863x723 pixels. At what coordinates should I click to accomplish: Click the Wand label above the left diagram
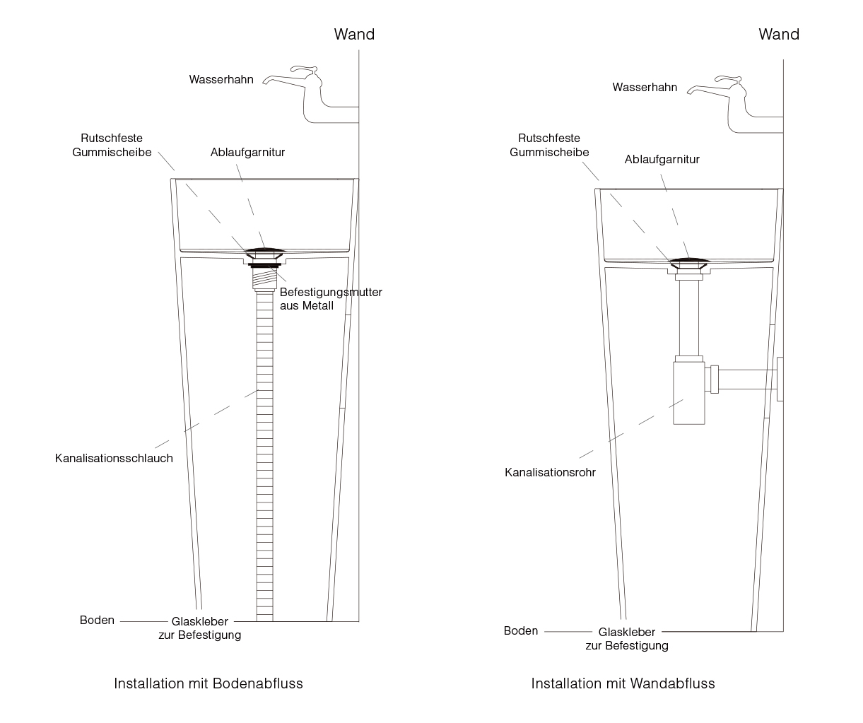(354, 35)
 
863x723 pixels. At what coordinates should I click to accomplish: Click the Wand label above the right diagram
(779, 35)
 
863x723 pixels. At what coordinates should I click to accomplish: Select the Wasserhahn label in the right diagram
(645, 87)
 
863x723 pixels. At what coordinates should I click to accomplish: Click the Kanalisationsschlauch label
(114, 458)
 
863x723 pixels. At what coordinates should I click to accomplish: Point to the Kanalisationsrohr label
(550, 472)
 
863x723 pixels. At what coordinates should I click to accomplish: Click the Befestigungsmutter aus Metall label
(331, 298)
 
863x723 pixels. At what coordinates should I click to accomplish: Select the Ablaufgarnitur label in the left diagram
(247, 153)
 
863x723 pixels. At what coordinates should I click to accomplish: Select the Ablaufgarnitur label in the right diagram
(662, 160)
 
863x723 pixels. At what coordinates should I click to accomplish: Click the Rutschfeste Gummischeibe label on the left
(112, 145)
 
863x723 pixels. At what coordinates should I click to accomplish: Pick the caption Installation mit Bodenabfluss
(209, 683)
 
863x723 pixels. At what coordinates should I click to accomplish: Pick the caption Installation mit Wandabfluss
(623, 683)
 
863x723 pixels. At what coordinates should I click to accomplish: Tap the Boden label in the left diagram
(97, 620)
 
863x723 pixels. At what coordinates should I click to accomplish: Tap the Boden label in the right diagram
(521, 631)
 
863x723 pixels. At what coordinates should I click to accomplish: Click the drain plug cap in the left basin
(264, 251)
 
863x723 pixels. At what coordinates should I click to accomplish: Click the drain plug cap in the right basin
(689, 261)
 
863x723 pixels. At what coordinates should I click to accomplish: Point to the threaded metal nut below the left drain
(264, 277)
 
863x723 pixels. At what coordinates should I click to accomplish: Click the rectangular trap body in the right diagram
(688, 393)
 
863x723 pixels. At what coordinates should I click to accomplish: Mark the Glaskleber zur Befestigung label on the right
(627, 639)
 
